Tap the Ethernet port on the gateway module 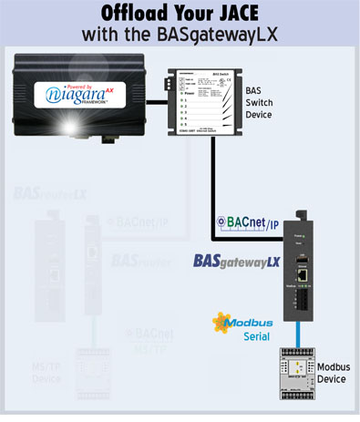tap(307, 273)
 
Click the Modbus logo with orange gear tap(242, 323)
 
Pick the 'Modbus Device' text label tap(332, 373)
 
